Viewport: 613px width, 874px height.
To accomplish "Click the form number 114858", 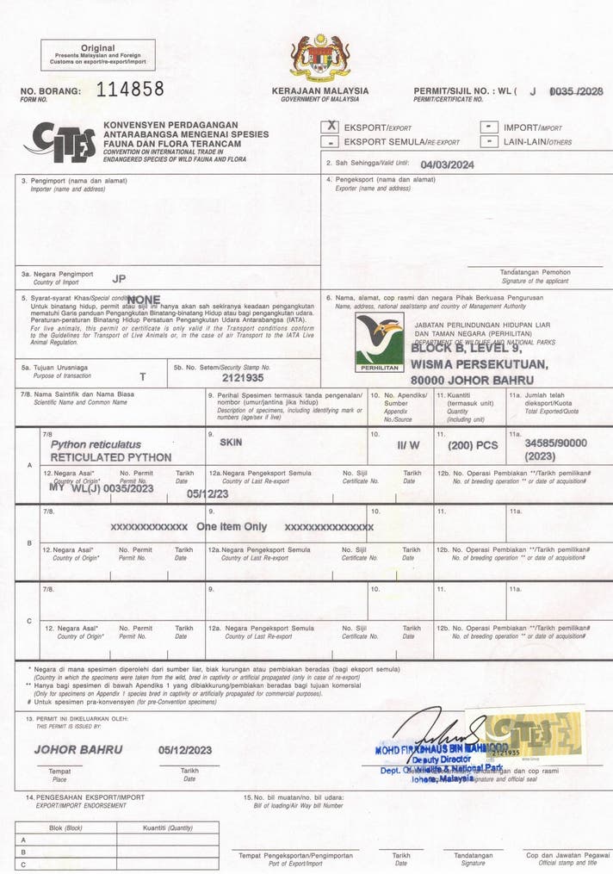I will (130, 89).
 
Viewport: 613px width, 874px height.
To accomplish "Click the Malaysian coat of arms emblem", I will (319, 58).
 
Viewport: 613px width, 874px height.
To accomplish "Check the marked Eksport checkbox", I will (330, 127).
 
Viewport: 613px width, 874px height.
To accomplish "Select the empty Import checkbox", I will (489, 127).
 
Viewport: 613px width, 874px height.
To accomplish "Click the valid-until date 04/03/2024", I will (447, 164).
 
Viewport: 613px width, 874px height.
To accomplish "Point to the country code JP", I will (119, 278).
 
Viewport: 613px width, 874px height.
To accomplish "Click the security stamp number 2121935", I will (242, 377).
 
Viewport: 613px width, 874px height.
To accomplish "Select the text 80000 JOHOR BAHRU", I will (472, 380).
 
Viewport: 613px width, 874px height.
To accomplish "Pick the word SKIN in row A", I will (231, 441).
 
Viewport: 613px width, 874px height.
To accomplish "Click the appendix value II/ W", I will (408, 446).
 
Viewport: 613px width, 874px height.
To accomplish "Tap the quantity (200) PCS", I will (473, 446).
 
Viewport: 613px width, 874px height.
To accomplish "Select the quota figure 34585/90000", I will (555, 442).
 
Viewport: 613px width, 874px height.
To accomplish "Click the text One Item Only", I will (232, 526).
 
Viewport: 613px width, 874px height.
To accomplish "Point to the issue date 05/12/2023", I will (186, 750).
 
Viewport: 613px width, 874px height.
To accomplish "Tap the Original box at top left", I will (98, 54).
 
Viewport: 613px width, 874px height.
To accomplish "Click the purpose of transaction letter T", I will (143, 377).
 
